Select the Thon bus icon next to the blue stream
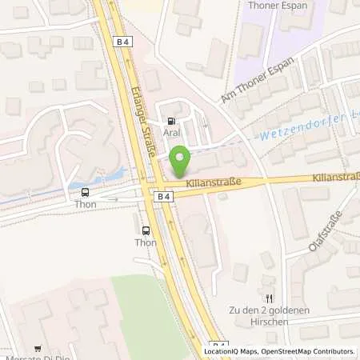[x=86, y=191]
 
